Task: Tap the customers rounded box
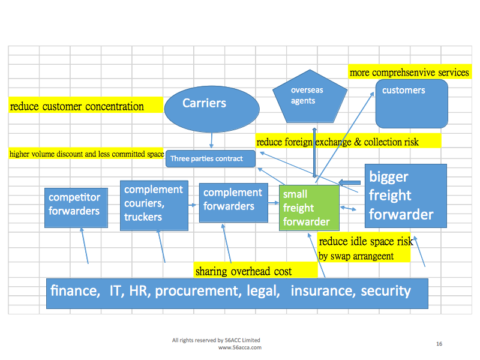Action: click(x=412, y=103)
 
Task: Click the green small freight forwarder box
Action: click(x=309, y=208)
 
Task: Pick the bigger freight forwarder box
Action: click(x=406, y=196)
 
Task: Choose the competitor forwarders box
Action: click(x=76, y=207)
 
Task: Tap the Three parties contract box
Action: click(x=210, y=158)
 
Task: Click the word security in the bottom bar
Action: click(x=385, y=292)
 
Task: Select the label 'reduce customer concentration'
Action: click(x=77, y=107)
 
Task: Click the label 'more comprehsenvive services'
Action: click(x=409, y=73)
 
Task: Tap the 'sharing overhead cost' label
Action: click(x=244, y=271)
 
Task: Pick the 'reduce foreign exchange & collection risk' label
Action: click(x=338, y=142)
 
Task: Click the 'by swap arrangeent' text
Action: click(x=356, y=256)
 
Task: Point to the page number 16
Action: click(x=439, y=344)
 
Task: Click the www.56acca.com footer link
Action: click(x=240, y=347)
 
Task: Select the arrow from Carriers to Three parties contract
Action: click(x=211, y=140)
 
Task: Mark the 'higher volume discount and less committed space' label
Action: click(x=86, y=154)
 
